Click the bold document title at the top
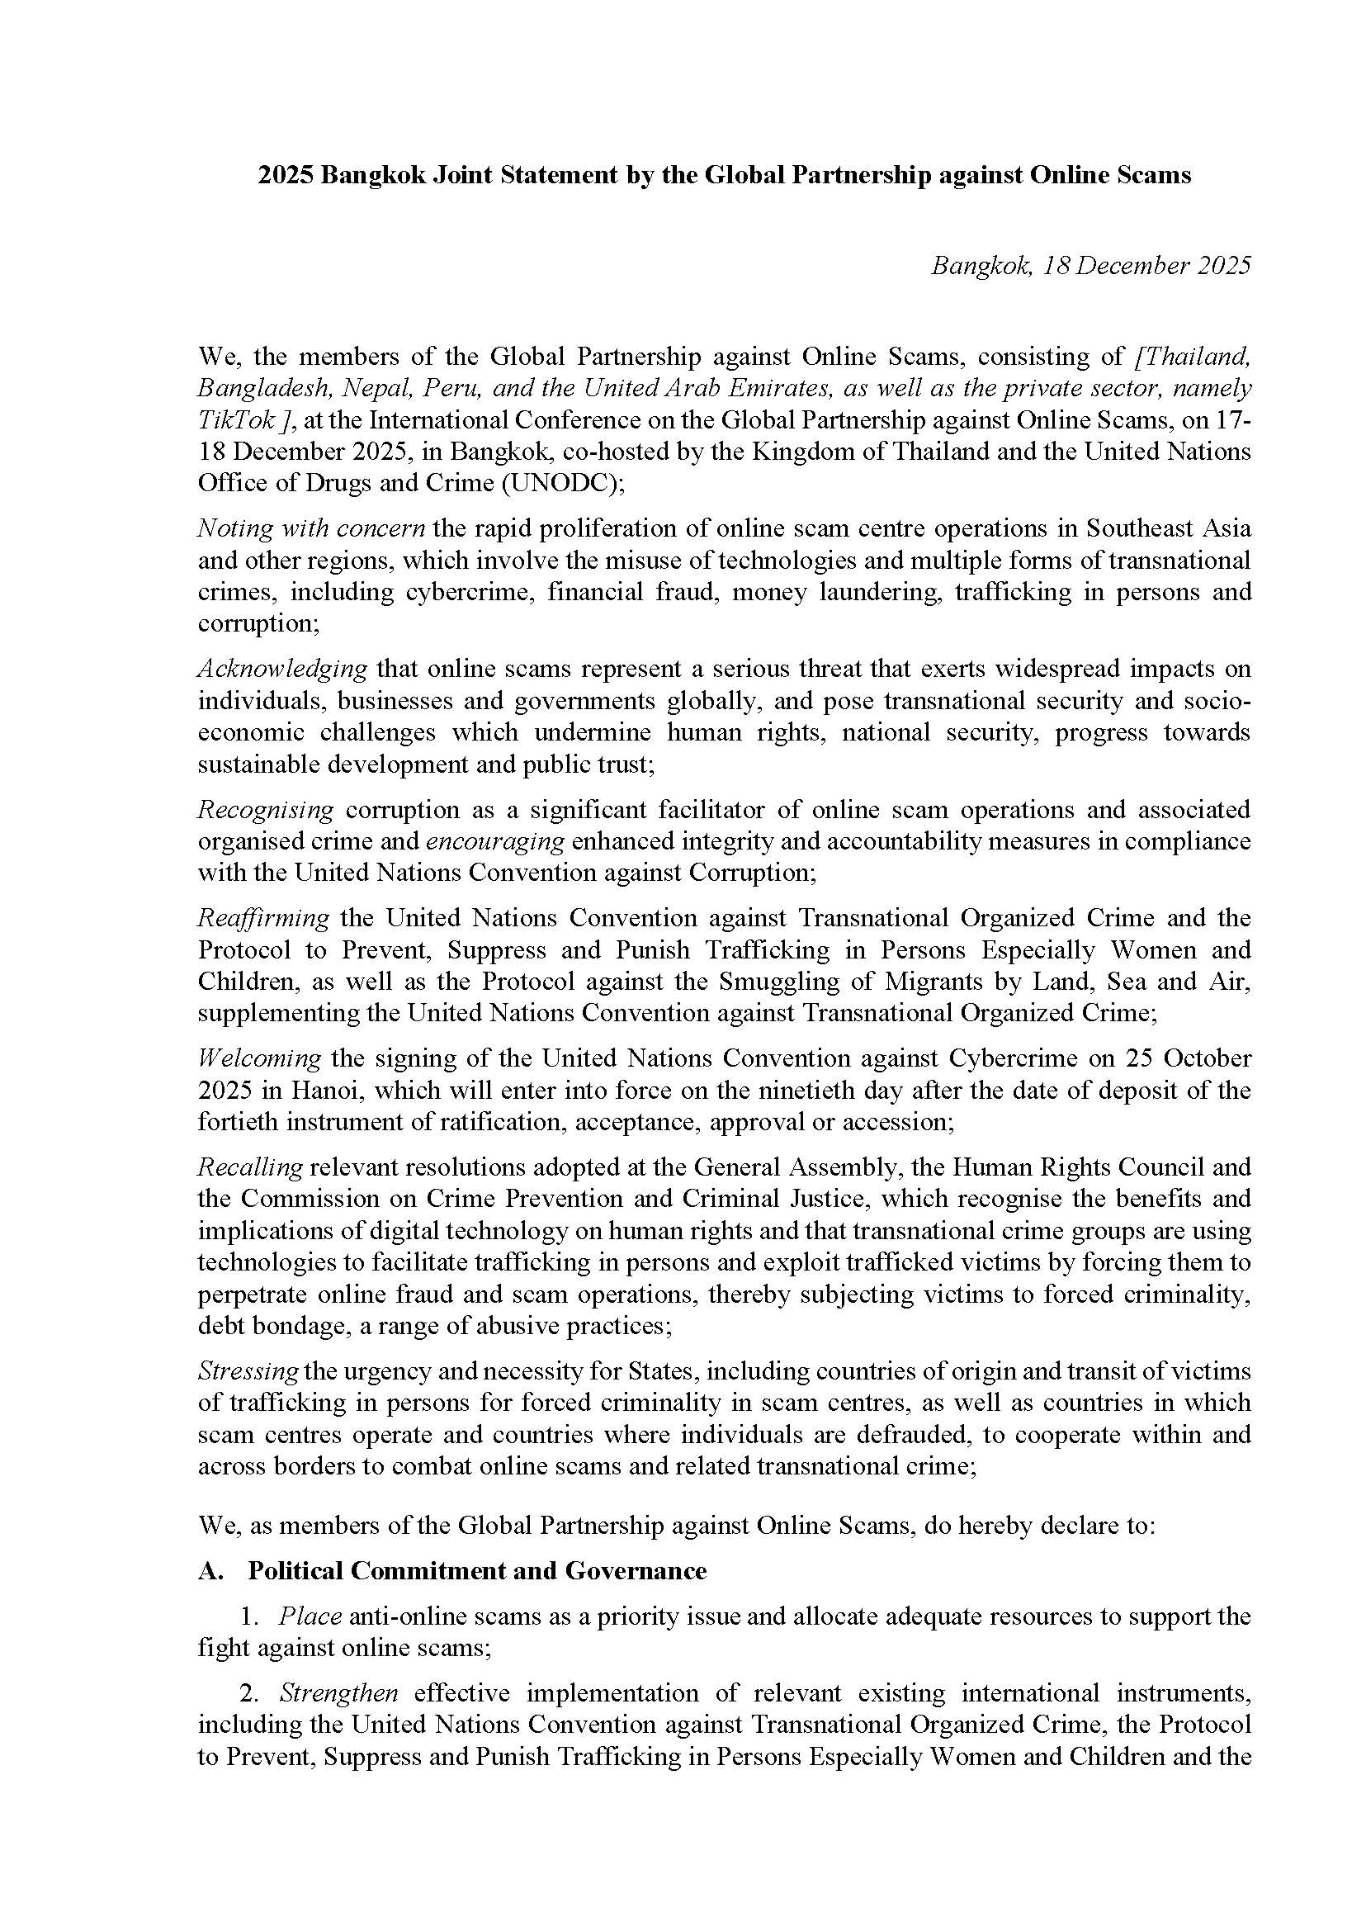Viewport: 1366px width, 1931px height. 723,175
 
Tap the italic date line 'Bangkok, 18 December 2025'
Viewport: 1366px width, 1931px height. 1090,266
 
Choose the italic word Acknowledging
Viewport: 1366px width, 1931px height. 281,669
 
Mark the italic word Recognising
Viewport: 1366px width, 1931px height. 266,809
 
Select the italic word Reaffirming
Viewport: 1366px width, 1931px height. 263,917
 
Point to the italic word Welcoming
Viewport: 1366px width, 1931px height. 259,1058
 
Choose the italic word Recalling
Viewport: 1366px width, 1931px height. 250,1167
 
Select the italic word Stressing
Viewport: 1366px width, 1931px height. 248,1371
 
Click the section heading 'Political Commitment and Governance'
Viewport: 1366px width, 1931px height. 477,1571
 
